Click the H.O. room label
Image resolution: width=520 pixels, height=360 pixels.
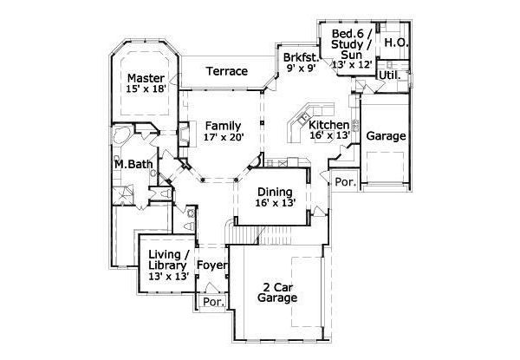click(x=396, y=43)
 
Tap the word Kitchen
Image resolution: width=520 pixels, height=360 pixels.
click(x=329, y=124)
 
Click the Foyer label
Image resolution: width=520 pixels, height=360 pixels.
click(x=211, y=265)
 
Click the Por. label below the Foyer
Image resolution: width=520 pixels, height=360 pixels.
click(x=211, y=303)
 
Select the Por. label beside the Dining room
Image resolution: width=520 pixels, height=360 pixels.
click(x=345, y=183)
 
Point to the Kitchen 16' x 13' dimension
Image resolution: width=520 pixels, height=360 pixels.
click(x=329, y=136)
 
